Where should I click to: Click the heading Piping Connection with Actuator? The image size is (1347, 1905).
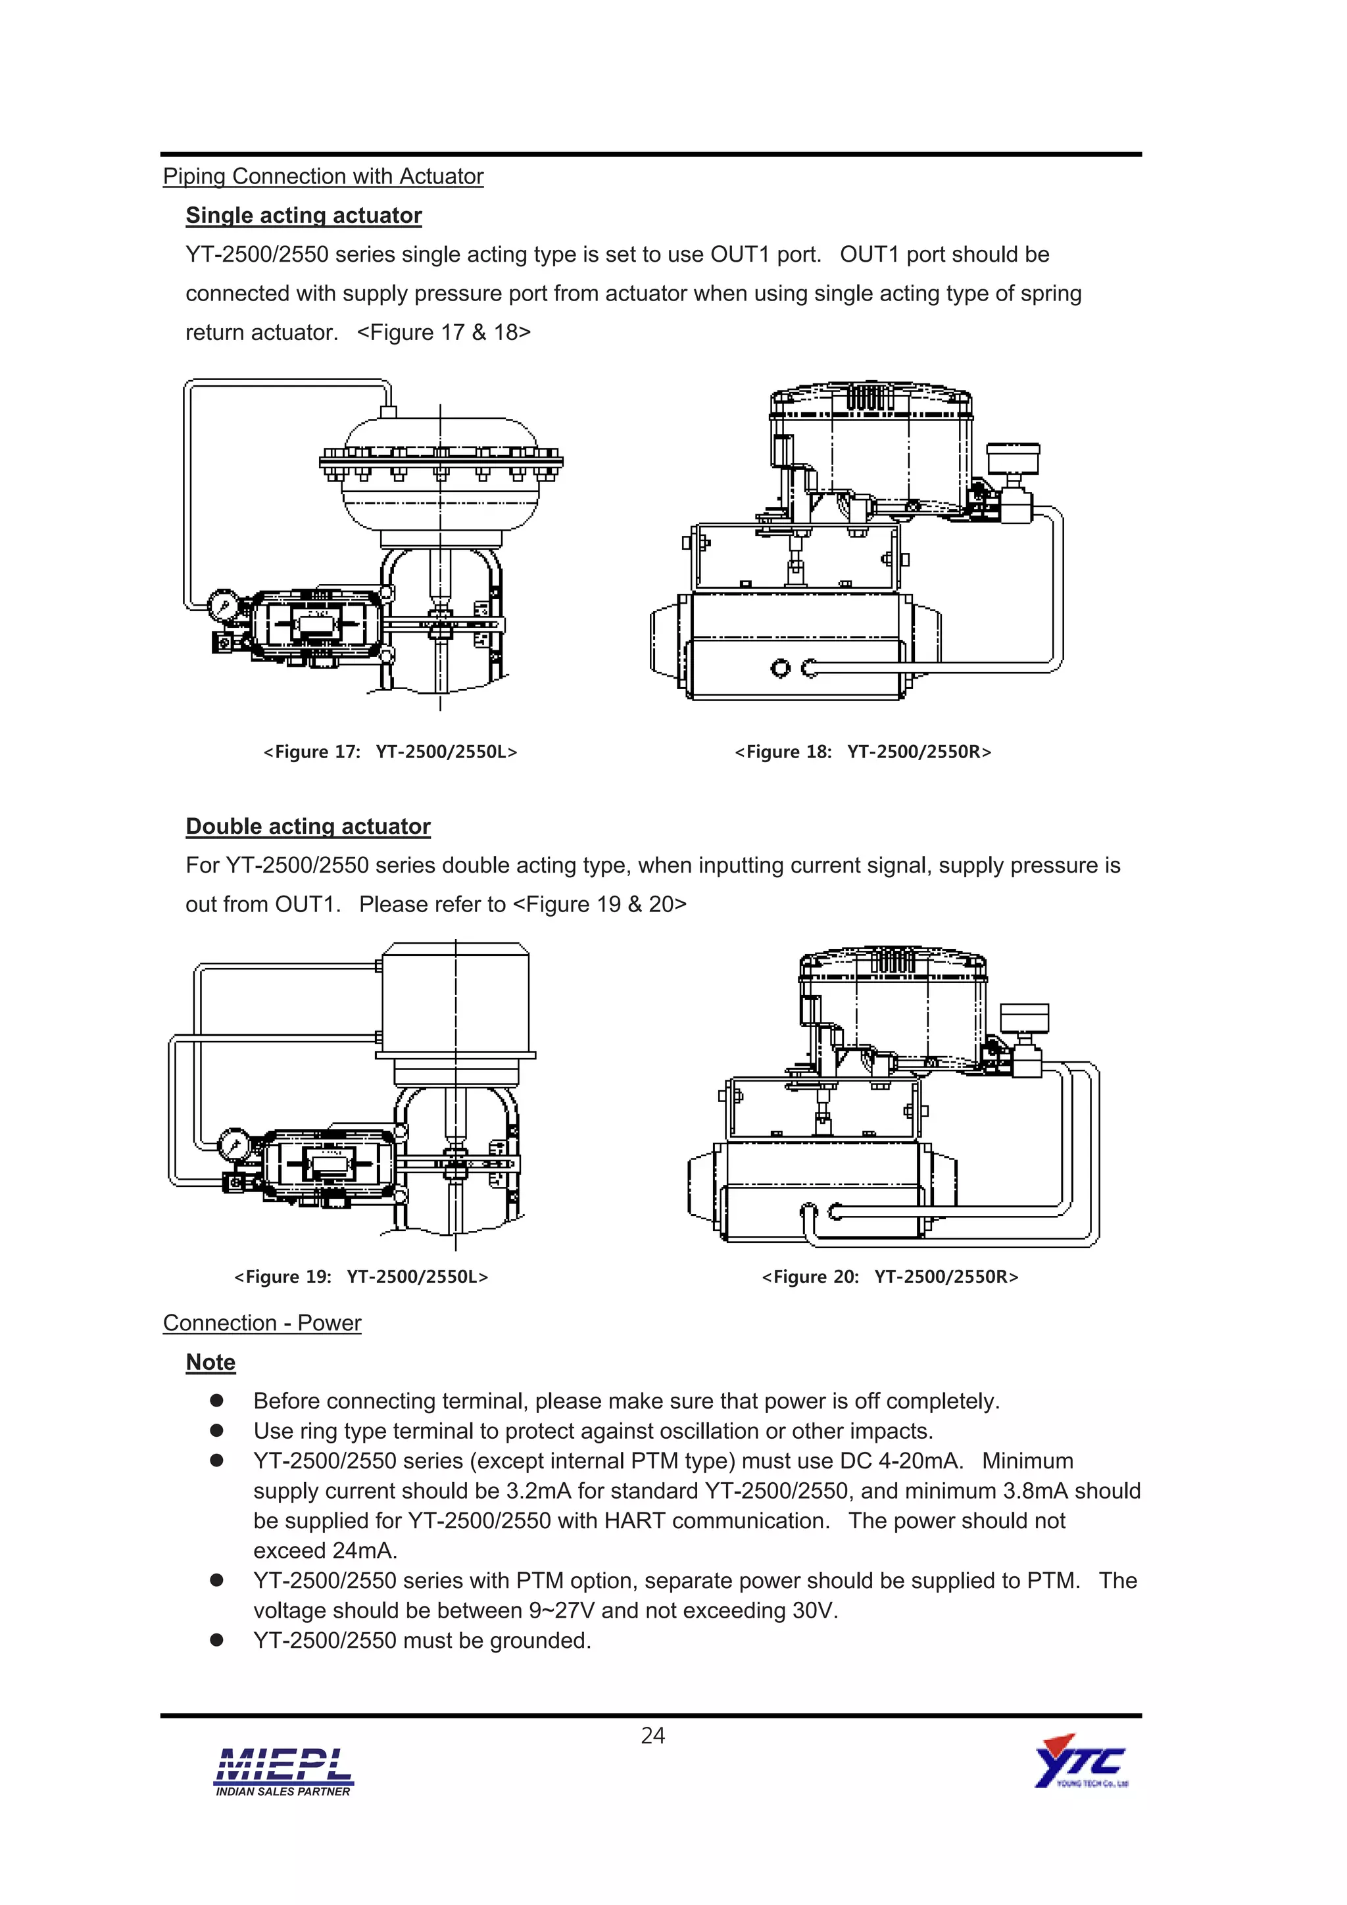pos(323,177)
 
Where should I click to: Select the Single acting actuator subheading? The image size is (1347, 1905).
pos(304,216)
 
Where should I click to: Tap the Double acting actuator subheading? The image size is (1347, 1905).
pos(308,827)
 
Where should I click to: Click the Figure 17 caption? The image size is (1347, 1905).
pos(390,752)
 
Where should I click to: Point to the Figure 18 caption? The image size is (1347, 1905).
pos(863,752)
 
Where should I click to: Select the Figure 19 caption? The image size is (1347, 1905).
pos(361,1277)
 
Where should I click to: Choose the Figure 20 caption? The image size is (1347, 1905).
pos(890,1277)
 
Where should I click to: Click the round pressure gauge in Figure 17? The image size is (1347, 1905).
pos(223,606)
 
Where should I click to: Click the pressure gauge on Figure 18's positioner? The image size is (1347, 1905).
pos(1012,457)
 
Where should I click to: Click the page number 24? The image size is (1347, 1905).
pos(653,1736)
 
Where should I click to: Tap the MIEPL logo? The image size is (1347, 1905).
pos(283,1772)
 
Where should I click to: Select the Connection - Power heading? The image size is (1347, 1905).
pos(262,1324)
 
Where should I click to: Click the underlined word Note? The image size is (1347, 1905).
pos(211,1362)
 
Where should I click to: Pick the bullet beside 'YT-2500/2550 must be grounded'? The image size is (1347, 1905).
pos(216,1640)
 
